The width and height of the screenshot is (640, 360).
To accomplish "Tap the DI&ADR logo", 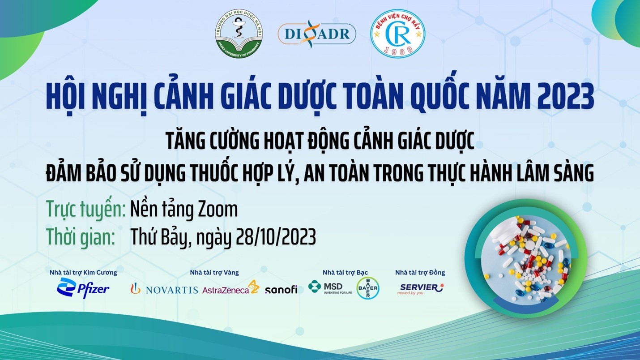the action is (316, 34).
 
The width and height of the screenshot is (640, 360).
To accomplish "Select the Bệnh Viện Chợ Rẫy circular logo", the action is (398, 32).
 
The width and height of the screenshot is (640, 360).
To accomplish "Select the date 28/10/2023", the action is (276, 237).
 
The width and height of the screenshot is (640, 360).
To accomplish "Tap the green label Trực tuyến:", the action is (86, 210).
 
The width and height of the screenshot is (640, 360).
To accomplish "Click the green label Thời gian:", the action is (81, 237).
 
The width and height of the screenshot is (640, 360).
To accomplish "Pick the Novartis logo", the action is (164, 289).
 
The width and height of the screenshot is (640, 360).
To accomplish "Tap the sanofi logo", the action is (281, 290).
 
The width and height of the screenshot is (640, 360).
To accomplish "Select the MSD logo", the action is (330, 287).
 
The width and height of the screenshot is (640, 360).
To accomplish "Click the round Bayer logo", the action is (368, 288).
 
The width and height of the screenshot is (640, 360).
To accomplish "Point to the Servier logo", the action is (420, 289).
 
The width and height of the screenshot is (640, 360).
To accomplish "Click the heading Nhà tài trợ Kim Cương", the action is (83, 273).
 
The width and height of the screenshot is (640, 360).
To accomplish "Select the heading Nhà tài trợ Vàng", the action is (214, 273).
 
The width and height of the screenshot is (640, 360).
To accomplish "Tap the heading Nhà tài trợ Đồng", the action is (420, 273).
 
